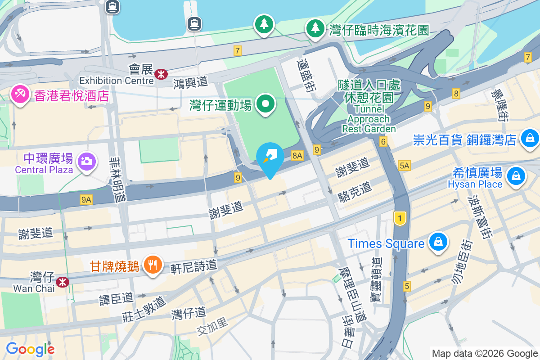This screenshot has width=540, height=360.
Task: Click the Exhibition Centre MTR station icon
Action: point(160,74)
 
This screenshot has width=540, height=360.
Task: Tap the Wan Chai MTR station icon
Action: point(62,282)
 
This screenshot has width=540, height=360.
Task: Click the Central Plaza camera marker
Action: point(85,161)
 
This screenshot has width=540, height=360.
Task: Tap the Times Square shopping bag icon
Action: point(437,242)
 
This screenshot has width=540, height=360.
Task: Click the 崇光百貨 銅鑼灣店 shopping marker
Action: point(530,138)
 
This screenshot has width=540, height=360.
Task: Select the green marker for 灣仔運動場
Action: point(266,104)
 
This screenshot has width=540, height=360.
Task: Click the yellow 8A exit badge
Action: point(297,156)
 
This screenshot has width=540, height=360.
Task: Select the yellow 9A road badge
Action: point(86,199)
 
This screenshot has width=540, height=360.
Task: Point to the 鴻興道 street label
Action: point(190,82)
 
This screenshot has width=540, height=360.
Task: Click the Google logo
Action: point(30,349)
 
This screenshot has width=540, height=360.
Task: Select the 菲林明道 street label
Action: point(118,178)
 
